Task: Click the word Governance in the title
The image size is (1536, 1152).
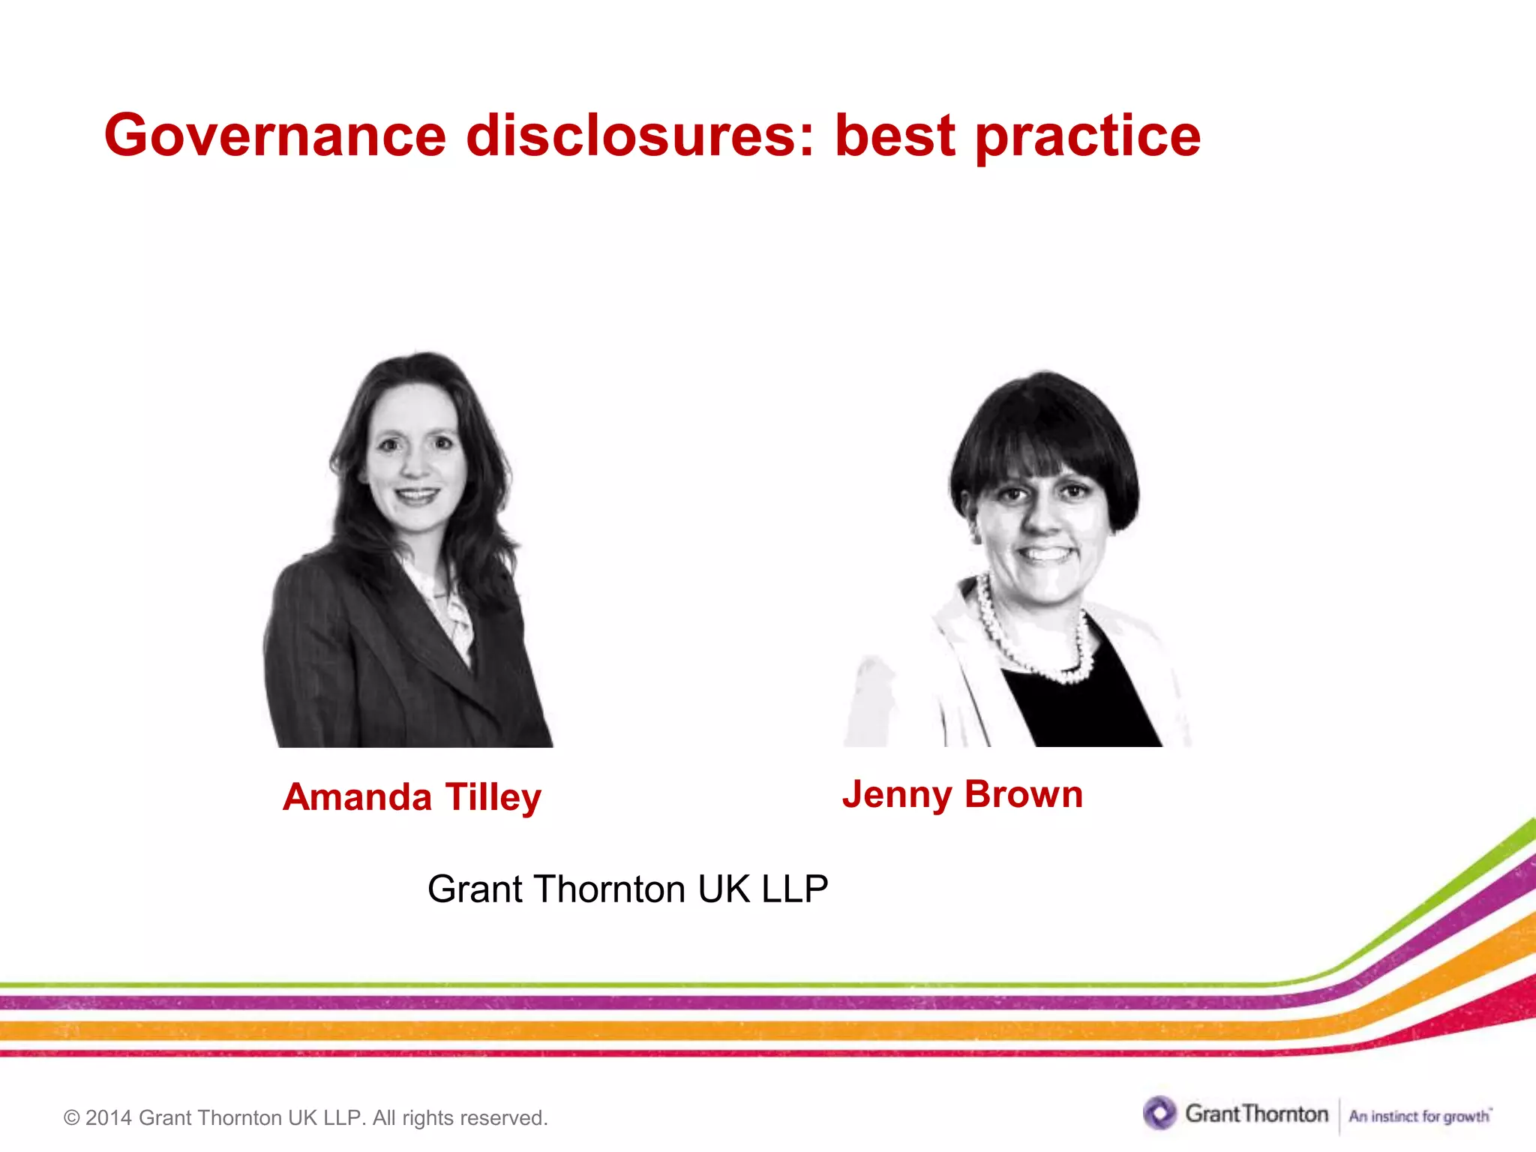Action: [274, 136]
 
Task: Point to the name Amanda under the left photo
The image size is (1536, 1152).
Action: [357, 796]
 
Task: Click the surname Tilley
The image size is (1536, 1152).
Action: [493, 798]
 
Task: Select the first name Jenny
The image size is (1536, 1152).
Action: [897, 795]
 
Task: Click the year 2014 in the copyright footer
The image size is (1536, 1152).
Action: [108, 1118]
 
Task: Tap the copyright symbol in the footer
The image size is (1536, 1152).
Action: [71, 1118]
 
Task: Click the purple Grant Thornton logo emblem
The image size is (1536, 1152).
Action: [1159, 1113]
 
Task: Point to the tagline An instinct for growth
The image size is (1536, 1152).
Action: [1419, 1116]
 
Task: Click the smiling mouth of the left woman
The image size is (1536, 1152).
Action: [417, 495]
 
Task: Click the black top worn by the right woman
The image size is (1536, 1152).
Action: [1080, 705]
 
